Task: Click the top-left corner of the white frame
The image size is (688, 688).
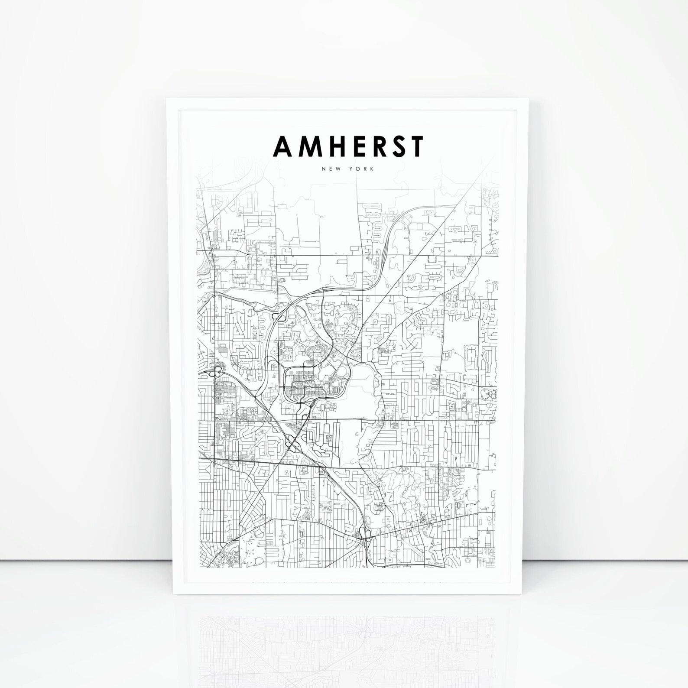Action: (x=167, y=99)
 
